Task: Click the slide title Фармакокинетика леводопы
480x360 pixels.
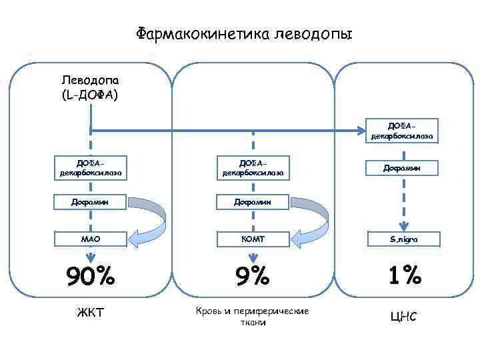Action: click(x=244, y=33)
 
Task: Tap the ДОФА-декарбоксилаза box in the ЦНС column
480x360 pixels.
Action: click(x=401, y=131)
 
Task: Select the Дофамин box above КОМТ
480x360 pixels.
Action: click(x=253, y=201)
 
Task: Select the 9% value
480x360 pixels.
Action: click(x=253, y=275)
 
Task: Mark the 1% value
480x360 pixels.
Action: click(x=401, y=275)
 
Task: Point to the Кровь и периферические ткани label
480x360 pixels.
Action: click(x=253, y=317)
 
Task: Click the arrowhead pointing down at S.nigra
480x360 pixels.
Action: click(x=401, y=225)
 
